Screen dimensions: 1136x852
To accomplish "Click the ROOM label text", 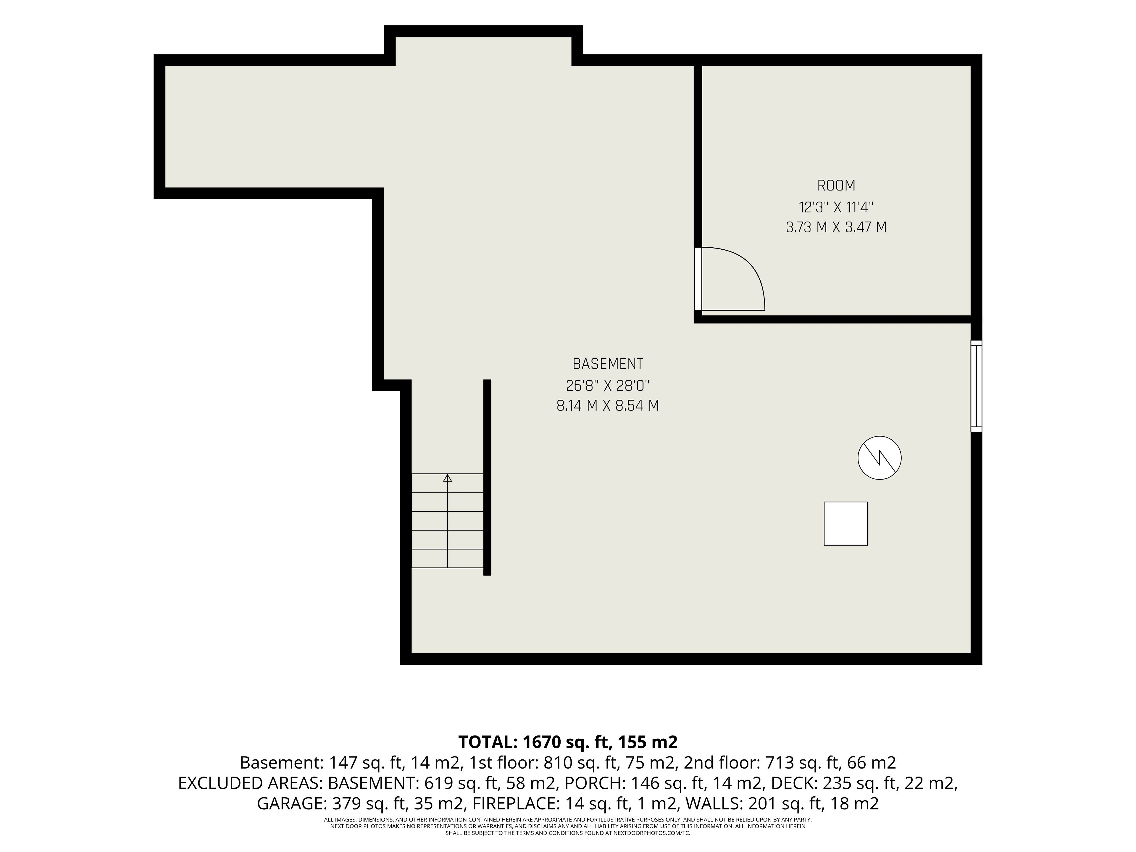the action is pos(836,185).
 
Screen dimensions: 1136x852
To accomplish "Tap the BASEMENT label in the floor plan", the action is pos(608,364).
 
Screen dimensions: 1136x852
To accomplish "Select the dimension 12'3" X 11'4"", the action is pos(836,207).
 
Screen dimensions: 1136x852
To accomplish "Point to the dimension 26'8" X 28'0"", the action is pos(608,385).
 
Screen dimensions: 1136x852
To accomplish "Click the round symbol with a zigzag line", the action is pos(879,458).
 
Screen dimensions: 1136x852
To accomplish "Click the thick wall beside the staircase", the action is pos(487,477).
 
